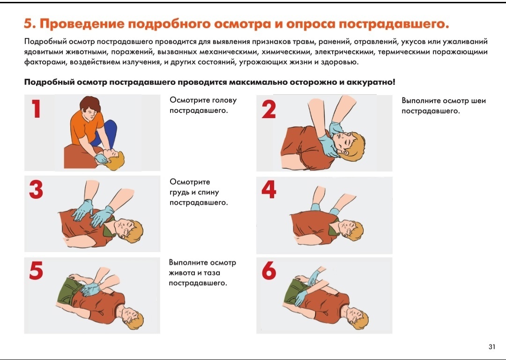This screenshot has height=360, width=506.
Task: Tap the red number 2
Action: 269,109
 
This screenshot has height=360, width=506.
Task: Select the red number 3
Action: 36,189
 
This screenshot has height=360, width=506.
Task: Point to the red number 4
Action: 269,189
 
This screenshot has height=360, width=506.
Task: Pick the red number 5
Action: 36,270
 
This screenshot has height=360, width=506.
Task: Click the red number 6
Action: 269,270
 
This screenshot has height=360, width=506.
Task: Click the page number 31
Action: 492,347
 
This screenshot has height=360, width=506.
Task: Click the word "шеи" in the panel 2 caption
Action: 478,101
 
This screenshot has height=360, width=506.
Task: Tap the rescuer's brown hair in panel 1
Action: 90,104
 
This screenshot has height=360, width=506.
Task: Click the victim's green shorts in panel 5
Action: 69,292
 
